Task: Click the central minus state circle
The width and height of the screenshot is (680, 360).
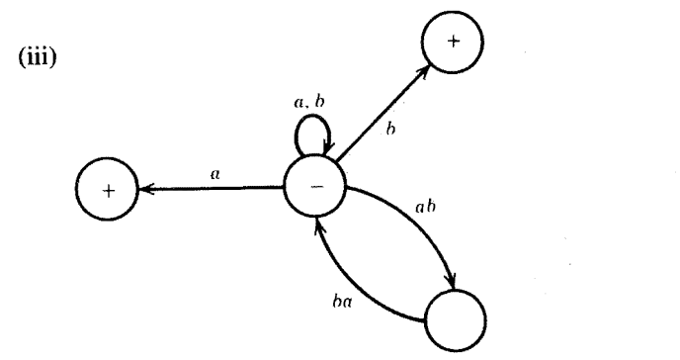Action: point(313,187)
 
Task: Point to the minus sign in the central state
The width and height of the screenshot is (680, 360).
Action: point(313,188)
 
